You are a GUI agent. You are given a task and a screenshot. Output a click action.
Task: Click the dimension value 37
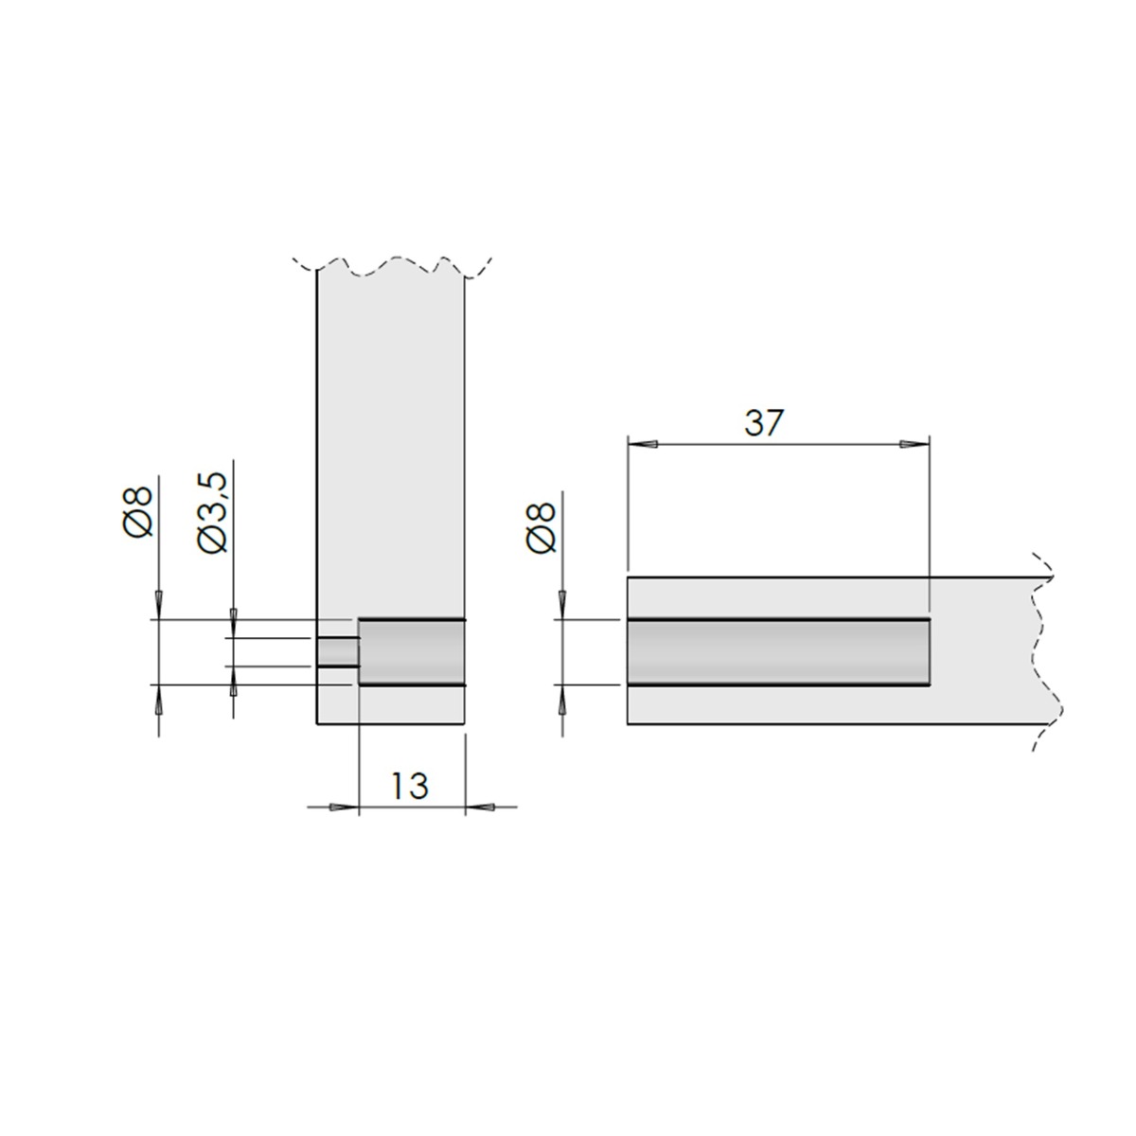click(x=764, y=423)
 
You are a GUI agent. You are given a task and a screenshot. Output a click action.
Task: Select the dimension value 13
click(x=411, y=786)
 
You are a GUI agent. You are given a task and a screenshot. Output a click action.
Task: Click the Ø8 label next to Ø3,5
click(x=140, y=512)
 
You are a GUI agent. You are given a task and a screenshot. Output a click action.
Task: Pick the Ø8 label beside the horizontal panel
click(x=542, y=527)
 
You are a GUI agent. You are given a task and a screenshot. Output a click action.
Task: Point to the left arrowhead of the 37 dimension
click(x=643, y=443)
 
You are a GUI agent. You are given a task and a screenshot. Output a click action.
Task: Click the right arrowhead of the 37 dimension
click(x=914, y=443)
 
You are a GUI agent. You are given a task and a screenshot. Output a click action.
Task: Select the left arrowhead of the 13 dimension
click(x=345, y=807)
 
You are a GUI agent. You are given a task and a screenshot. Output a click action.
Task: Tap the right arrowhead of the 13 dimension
click(x=481, y=807)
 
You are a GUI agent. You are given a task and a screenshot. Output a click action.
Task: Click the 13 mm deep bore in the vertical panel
click(x=412, y=652)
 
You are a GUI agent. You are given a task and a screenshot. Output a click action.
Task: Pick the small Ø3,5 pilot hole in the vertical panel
click(x=338, y=652)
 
